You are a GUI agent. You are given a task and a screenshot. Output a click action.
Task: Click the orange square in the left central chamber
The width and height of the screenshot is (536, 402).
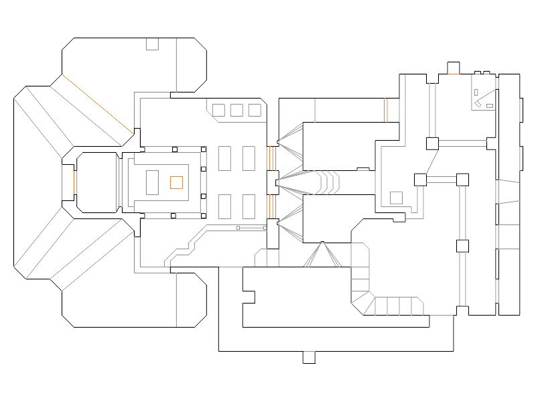point(176,182)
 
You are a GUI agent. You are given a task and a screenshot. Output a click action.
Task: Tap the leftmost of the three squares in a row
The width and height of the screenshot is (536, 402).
point(219,110)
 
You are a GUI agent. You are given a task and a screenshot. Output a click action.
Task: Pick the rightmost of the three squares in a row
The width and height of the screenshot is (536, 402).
point(254,110)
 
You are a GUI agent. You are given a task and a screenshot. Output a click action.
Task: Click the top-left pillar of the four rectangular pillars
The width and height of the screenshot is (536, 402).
point(226,159)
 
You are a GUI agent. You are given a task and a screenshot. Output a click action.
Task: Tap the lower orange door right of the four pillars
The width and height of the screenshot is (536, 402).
point(271,206)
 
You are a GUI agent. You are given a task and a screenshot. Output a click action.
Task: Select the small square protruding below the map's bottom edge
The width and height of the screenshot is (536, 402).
point(308,357)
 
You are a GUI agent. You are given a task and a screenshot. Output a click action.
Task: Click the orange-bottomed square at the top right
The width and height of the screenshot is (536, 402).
point(453,68)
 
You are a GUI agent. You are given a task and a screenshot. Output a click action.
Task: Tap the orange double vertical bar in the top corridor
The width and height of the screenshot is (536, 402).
point(387,110)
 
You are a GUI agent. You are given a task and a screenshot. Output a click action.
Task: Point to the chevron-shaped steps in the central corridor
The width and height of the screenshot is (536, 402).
point(328,181)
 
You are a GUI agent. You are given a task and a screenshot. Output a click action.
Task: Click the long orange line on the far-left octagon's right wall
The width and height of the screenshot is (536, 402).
point(121,181)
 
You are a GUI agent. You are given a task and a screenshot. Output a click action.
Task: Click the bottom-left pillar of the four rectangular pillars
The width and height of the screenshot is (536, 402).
point(226,206)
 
